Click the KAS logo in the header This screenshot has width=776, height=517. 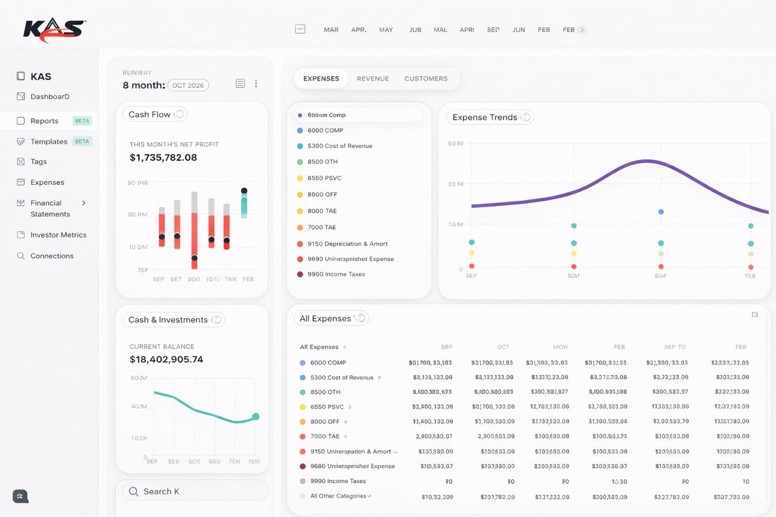coord(54,30)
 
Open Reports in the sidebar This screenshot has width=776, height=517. coord(44,121)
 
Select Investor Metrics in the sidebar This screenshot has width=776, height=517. coord(58,235)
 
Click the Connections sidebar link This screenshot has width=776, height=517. coord(52,256)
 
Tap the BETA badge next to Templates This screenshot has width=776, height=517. coord(82,141)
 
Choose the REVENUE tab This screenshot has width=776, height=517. coord(372,79)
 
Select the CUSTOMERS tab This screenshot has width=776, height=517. coord(426,79)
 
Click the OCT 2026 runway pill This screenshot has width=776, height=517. coord(188,85)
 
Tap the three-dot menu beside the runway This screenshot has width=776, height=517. coord(256,84)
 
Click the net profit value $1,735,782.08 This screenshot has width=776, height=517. coord(163,158)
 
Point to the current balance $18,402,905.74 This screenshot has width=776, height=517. coord(166,359)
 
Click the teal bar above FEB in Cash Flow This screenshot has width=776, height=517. coord(244,204)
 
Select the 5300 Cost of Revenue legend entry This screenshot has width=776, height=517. coord(339,146)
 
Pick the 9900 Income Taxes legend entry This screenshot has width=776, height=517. coord(336,274)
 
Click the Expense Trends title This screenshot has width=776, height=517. coord(484,117)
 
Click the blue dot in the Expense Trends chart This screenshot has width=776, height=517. coord(661,212)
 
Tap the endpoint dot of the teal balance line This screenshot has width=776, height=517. coord(256,416)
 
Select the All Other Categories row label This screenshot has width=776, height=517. coord(338,496)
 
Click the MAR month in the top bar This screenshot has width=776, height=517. coord(331,30)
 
